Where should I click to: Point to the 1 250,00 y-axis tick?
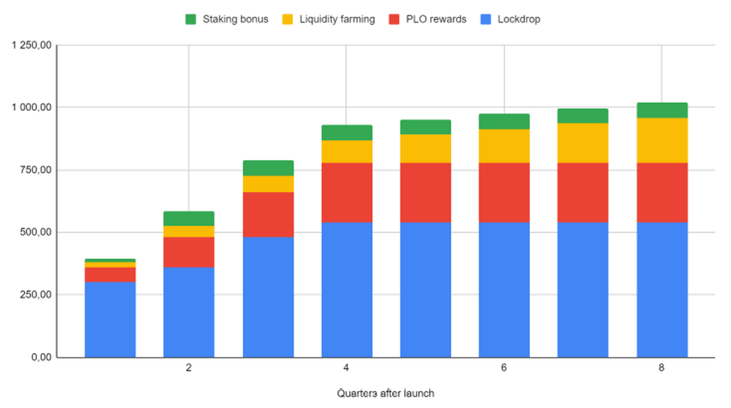pyautogui.click(x=32, y=45)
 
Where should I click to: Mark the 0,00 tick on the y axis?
pyautogui.click(x=40, y=357)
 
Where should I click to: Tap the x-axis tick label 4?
pyautogui.click(x=346, y=368)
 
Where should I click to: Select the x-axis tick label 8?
pyautogui.click(x=662, y=368)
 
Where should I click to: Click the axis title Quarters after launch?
pyautogui.click(x=385, y=393)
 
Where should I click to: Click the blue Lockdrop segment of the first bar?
pyautogui.click(x=110, y=319)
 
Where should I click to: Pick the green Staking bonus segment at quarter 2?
pyautogui.click(x=189, y=219)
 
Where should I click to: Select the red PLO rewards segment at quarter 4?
pyautogui.click(x=347, y=192)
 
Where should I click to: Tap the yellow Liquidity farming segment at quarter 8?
pyautogui.click(x=662, y=140)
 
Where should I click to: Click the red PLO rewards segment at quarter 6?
pyautogui.click(x=504, y=192)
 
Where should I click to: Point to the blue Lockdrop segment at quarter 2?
pyautogui.click(x=189, y=312)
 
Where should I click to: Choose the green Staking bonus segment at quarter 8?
pyautogui.click(x=662, y=110)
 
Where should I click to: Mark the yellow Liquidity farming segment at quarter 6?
pyautogui.click(x=504, y=146)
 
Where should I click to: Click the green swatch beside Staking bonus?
pyautogui.click(x=190, y=19)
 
